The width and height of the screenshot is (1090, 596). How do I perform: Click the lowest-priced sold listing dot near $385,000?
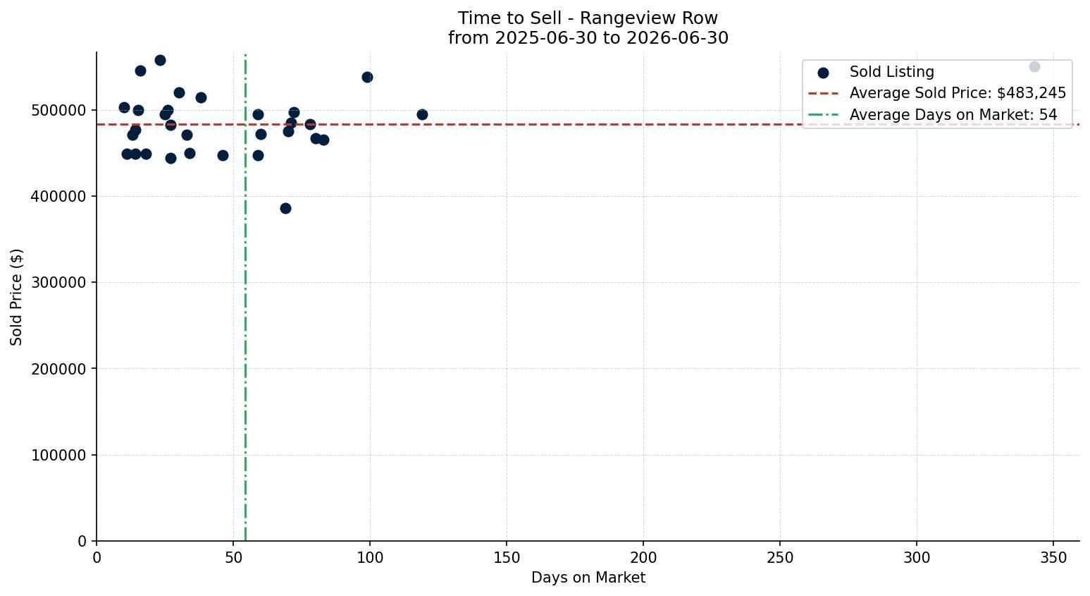pyautogui.click(x=285, y=208)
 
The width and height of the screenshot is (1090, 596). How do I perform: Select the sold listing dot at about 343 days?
pyautogui.click(x=1034, y=67)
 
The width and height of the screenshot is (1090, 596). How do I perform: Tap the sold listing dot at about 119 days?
pyautogui.click(x=422, y=115)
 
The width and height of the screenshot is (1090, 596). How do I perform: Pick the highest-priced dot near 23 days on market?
pyautogui.click(x=160, y=61)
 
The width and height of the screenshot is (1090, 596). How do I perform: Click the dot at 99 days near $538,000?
pyautogui.click(x=367, y=78)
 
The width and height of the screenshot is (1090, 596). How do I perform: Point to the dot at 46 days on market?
pyautogui.click(x=223, y=156)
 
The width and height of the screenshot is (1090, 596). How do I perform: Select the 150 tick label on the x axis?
pyautogui.click(x=507, y=558)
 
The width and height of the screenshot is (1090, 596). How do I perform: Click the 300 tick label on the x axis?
pyautogui.click(x=917, y=558)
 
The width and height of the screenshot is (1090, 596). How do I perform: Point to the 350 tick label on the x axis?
pyautogui.click(x=1053, y=558)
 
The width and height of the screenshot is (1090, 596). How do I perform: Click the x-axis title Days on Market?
pyautogui.click(x=588, y=578)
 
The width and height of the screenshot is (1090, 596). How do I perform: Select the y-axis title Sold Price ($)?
pyautogui.click(x=16, y=297)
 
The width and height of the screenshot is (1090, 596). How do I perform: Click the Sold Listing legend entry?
pyautogui.click(x=877, y=72)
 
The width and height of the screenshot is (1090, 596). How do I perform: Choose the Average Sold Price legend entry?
pyautogui.click(x=937, y=93)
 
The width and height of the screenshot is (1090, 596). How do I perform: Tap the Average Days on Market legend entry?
pyautogui.click(x=933, y=115)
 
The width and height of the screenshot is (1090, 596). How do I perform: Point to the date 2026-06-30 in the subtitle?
pyautogui.click(x=677, y=38)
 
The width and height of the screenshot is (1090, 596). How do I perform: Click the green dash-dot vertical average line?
pyautogui.click(x=245, y=297)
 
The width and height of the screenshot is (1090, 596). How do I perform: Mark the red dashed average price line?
pyautogui.click(x=588, y=125)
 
